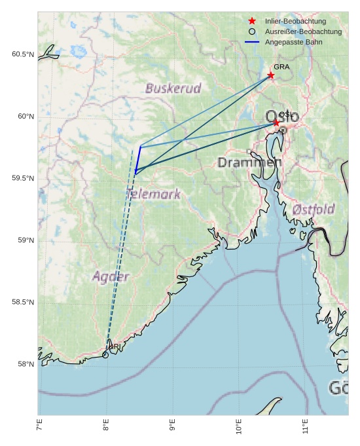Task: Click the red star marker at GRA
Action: (x=270, y=75)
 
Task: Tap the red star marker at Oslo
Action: (x=276, y=122)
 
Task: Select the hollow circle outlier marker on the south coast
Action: (x=105, y=355)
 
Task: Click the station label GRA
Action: (x=281, y=67)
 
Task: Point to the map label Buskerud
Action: (x=173, y=88)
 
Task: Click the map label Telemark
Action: (x=153, y=194)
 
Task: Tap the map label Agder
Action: (x=111, y=277)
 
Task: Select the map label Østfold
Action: (x=314, y=210)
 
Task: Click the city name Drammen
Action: (x=249, y=162)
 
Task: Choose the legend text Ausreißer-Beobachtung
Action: (x=303, y=31)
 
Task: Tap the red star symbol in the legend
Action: (x=252, y=22)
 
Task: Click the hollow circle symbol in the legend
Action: (x=252, y=31)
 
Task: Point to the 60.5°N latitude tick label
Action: (x=22, y=54)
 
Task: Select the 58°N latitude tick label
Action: (x=25, y=364)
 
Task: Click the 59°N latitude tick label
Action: (x=25, y=240)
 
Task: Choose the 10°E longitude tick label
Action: (x=239, y=430)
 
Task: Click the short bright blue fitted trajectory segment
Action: (x=138, y=160)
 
